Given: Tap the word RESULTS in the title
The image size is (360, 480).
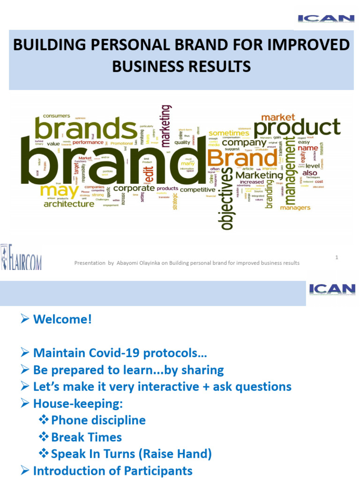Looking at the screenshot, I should pyautogui.click(x=214, y=67).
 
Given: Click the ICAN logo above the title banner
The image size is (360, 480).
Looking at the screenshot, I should pyautogui.click(x=326, y=19).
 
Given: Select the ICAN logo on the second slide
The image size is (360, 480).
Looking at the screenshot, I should pyautogui.click(x=332, y=289).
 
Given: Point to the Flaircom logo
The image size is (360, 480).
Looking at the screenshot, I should pyautogui.click(x=21, y=257).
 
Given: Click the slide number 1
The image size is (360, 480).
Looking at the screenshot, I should pyautogui.click(x=337, y=257).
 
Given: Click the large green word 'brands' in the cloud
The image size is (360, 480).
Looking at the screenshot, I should pyautogui.click(x=86, y=128).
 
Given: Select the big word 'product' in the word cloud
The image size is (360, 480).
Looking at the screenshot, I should pyautogui.click(x=297, y=127).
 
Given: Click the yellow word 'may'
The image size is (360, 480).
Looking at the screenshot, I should pyautogui.click(x=59, y=191).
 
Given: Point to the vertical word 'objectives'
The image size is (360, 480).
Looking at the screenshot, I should pyautogui.click(x=226, y=199).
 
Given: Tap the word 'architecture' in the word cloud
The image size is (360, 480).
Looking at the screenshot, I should pyautogui.click(x=69, y=204).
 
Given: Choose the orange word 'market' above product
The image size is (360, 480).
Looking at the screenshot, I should pyautogui.click(x=278, y=117).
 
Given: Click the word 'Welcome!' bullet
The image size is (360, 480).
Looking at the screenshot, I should pyautogui.click(x=63, y=320).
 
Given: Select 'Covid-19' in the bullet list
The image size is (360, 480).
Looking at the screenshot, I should pyautogui.click(x=103, y=353).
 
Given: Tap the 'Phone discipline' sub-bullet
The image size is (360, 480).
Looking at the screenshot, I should pyautogui.click(x=98, y=420).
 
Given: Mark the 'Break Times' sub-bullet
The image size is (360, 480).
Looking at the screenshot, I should pyautogui.click(x=86, y=437).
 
